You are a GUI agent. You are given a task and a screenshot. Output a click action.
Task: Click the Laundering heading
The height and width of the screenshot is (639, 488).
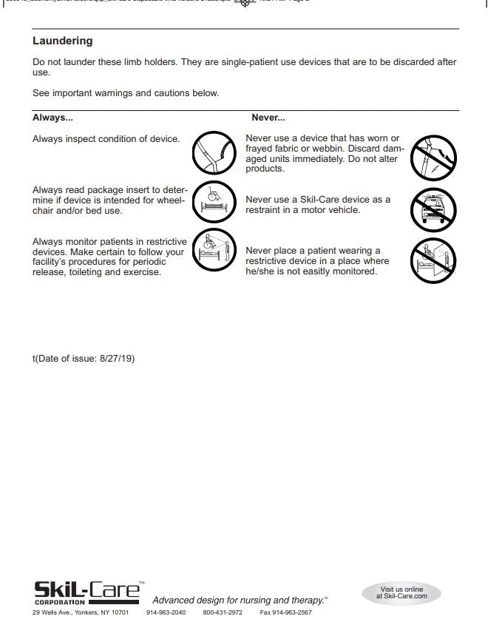[x=63, y=41]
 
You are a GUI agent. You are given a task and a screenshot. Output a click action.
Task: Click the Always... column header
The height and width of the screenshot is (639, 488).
[x=52, y=118]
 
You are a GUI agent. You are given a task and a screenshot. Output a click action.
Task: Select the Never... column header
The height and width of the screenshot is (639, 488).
[x=268, y=118]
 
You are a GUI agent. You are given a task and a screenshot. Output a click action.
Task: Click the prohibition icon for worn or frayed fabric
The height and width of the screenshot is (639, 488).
[x=434, y=157]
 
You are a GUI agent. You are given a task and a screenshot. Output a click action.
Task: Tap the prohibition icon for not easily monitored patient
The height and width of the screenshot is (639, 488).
[x=434, y=261]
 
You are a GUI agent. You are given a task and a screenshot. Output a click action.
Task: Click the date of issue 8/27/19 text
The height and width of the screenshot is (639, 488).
[x=84, y=359]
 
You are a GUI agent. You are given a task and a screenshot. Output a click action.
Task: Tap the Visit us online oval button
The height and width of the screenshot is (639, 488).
[x=401, y=592]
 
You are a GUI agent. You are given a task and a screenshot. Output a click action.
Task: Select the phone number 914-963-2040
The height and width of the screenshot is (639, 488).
[x=166, y=613]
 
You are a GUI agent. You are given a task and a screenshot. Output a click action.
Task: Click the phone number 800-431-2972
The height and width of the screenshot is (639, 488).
[x=223, y=613]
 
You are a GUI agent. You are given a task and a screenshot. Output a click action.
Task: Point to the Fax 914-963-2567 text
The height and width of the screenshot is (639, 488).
[x=285, y=613]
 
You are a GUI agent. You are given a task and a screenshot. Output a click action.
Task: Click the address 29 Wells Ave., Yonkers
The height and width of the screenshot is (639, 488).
[x=81, y=613]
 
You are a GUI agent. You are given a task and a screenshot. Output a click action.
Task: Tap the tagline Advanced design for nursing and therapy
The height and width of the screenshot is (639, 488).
[x=240, y=600]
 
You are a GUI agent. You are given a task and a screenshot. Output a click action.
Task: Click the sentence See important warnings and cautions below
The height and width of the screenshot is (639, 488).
[x=126, y=93]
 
